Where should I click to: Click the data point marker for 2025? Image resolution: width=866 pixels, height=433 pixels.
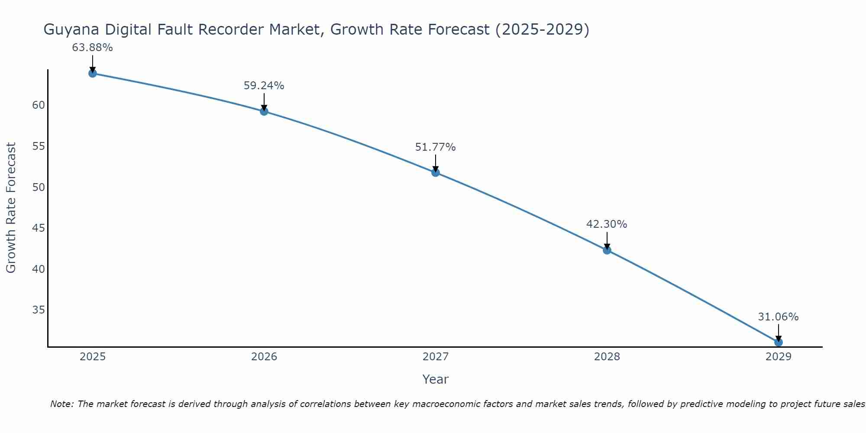click(92, 73)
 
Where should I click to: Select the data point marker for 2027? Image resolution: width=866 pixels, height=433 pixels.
click(435, 172)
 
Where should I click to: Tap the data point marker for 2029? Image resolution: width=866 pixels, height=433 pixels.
click(778, 342)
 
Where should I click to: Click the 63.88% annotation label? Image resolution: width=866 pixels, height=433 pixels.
click(92, 48)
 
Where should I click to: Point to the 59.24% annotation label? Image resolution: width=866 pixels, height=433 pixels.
click(264, 86)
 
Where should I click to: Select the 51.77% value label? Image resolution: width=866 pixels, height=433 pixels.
click(435, 147)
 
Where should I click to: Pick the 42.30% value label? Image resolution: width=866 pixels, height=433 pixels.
click(607, 224)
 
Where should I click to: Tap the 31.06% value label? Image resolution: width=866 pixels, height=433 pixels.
click(778, 317)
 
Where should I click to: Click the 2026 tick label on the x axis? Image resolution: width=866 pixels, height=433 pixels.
click(264, 357)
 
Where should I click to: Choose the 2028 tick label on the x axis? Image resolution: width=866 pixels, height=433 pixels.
click(607, 357)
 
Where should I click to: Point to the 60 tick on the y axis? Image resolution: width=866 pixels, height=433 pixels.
click(39, 105)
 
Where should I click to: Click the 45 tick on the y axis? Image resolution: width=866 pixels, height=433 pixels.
click(39, 228)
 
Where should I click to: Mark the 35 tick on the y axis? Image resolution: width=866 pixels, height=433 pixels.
click(39, 310)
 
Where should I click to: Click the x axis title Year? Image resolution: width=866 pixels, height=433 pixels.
click(435, 379)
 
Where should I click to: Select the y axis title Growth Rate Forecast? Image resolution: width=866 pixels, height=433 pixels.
click(11, 208)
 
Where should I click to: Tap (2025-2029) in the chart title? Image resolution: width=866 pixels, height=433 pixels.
click(542, 30)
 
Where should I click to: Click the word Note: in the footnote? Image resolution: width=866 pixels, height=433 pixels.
click(63, 404)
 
